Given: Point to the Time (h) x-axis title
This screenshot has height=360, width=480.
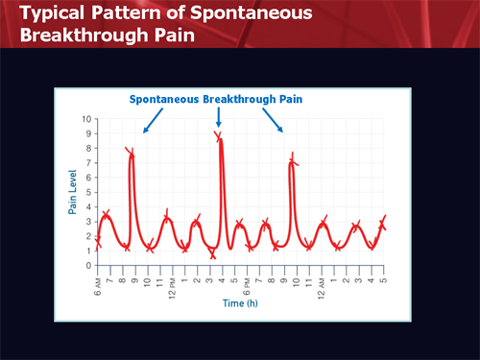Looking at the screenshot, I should coord(240,301).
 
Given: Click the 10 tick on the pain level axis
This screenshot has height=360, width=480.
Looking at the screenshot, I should coord(87,120).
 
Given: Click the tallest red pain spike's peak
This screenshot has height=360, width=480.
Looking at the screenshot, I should coord(221,137).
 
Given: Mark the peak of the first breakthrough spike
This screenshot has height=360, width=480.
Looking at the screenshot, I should coord(132,152).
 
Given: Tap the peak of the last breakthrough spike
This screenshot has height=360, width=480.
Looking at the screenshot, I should coord(292,161).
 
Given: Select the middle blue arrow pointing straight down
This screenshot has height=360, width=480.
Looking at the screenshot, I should coord(219,117).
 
